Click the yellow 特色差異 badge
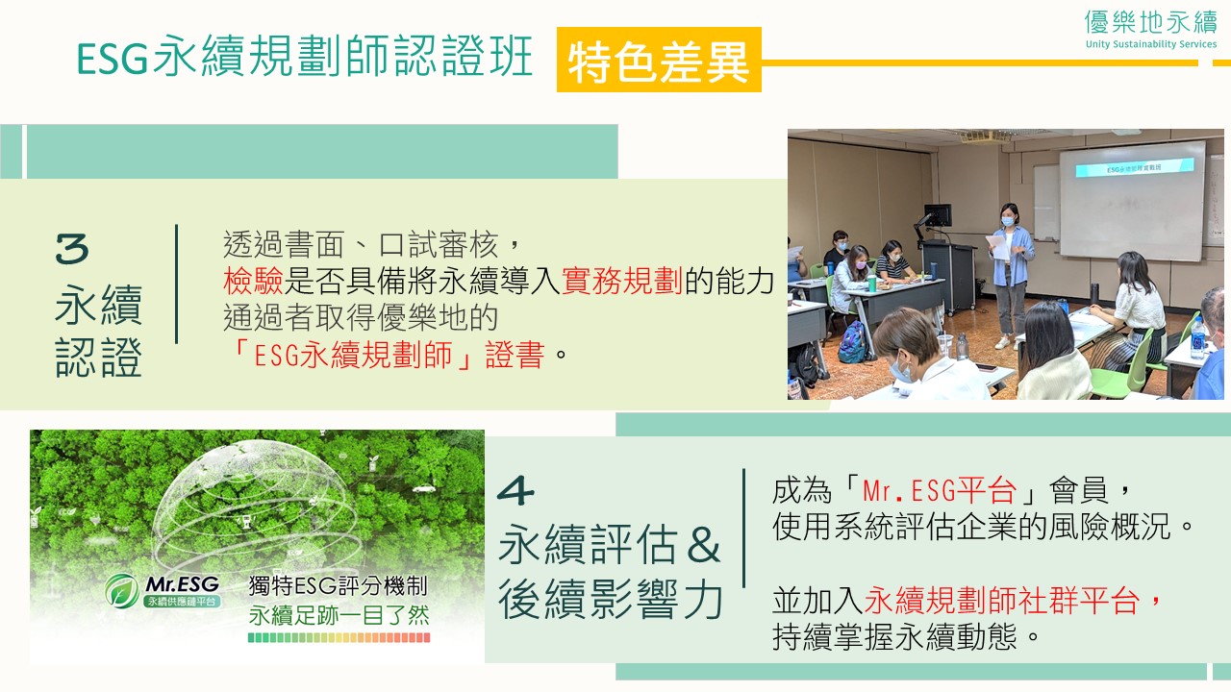[x=659, y=60]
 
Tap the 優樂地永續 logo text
[x=1151, y=22]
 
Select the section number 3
[x=72, y=248]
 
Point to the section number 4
[x=515, y=490]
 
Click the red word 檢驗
[x=253, y=281]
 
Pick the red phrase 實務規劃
[x=622, y=281]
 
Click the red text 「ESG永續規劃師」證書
[x=387, y=355]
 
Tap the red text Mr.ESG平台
[x=940, y=490]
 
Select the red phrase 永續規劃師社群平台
[x=1001, y=601]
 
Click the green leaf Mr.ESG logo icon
[x=122, y=591]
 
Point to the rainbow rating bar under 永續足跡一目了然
[x=339, y=637]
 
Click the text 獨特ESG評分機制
[x=338, y=586]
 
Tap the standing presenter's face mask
[x=1007, y=221]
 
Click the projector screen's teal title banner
[x=1134, y=167]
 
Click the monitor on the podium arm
[x=938, y=214]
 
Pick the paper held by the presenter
[x=998, y=247]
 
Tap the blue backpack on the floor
[x=853, y=341]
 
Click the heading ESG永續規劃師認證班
[x=305, y=57]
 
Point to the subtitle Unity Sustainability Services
[x=1151, y=44]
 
